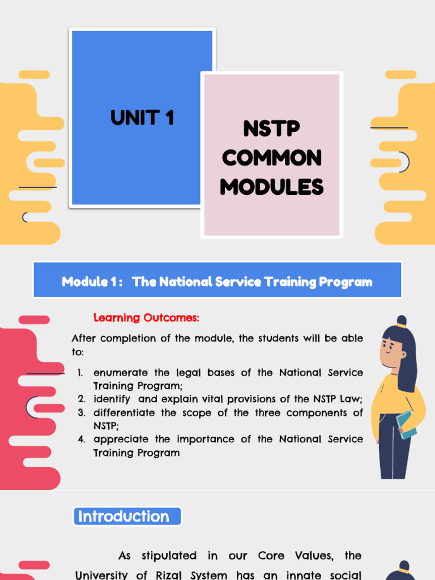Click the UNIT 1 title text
tap(142, 118)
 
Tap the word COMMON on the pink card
tap(272, 158)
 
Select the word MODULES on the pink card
tap(272, 186)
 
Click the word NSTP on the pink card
tap(272, 129)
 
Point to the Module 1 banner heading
tap(217, 282)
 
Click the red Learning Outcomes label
tap(146, 318)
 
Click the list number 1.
tap(82, 373)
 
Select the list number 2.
tap(82, 399)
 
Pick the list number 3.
tap(82, 413)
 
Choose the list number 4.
tap(82, 440)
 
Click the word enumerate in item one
tap(119, 373)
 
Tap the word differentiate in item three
tap(123, 413)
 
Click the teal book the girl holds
tap(406, 424)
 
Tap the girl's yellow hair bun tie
tap(401, 326)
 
